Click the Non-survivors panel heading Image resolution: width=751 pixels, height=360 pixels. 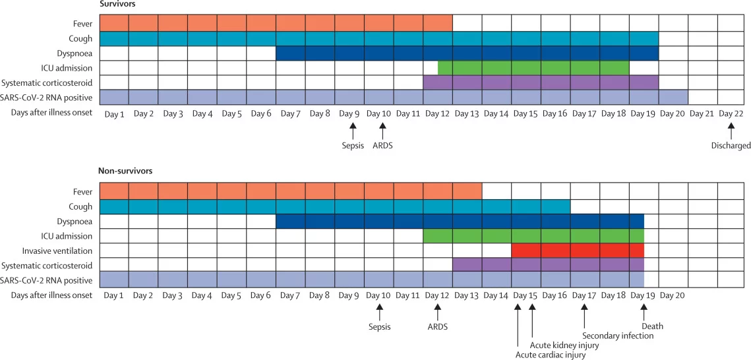point(125,171)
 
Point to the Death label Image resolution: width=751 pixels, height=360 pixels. point(652,326)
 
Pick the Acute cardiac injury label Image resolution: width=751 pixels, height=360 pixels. point(550,355)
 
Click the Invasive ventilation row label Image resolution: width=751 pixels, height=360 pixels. point(63,251)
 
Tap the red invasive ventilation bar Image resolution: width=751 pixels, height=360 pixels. point(578,251)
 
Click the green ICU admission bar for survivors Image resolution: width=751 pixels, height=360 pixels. point(533,67)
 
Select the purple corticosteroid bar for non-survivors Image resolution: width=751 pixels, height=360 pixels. point(548,265)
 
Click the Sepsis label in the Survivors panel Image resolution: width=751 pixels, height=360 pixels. point(353,146)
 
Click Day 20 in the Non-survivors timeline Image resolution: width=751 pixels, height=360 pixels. point(673,295)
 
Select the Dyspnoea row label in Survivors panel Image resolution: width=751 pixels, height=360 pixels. point(73,53)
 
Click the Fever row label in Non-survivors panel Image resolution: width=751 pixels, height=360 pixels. point(82,192)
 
